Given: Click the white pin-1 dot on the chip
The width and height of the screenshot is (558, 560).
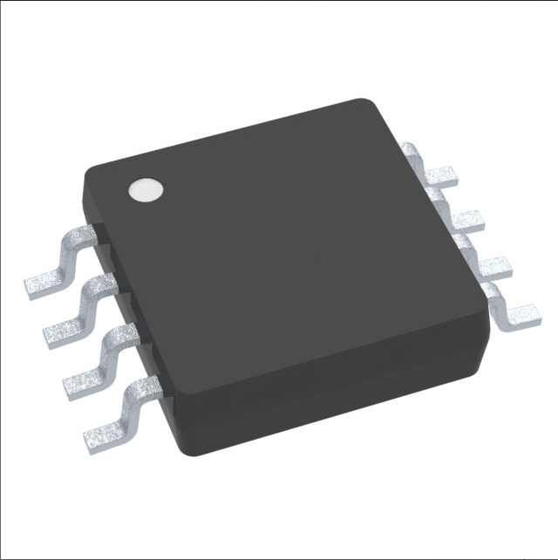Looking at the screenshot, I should [x=146, y=189].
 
